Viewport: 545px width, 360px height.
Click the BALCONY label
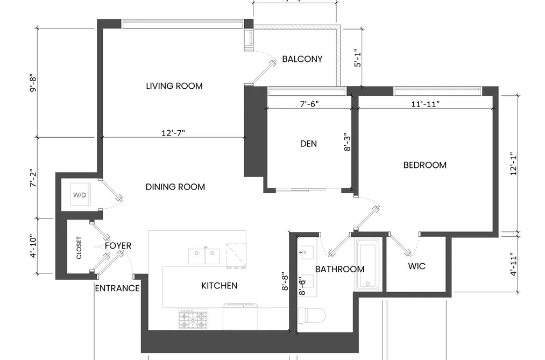point(302,59)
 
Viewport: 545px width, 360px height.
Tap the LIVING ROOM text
point(174,86)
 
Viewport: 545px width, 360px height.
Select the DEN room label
point(308,144)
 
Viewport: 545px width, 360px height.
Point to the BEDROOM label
point(424,165)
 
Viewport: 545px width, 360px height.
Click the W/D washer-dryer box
point(80,194)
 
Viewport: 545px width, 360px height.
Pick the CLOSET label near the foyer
point(79,248)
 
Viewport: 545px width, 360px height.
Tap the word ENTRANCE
point(117,288)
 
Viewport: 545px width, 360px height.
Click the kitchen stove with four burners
point(193,319)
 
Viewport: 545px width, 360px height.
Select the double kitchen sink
point(204,256)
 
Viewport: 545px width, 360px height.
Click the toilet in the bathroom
point(312,315)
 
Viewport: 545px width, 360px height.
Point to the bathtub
point(367,265)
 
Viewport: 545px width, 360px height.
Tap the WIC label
point(416,266)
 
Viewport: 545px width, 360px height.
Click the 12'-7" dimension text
point(173,133)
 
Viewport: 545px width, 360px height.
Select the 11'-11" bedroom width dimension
point(426,104)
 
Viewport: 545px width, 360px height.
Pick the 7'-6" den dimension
point(309,104)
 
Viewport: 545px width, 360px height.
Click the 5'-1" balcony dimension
point(358,58)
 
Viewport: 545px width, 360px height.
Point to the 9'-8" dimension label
point(33,83)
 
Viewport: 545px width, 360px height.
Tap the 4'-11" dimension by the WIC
point(514,264)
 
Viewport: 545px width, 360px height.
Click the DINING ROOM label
point(175,187)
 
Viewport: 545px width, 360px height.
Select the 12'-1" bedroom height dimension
point(514,164)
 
